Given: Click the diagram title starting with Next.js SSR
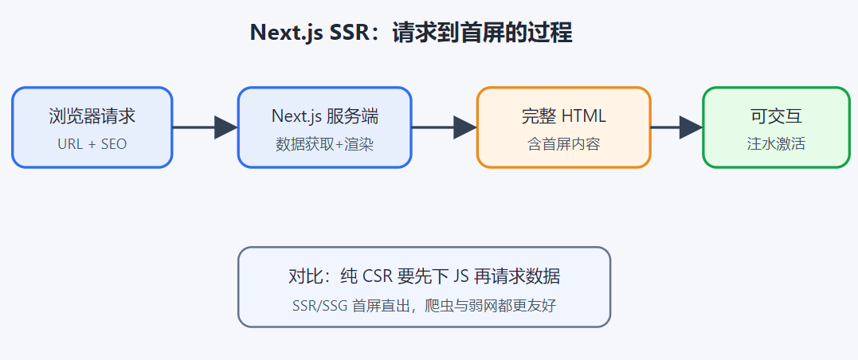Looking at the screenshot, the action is pyautogui.click(x=411, y=33).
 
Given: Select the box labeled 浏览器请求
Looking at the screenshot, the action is pyautogui.click(x=92, y=127).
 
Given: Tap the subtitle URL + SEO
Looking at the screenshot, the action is pyautogui.click(x=92, y=144).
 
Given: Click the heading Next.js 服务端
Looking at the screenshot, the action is pyautogui.click(x=324, y=116).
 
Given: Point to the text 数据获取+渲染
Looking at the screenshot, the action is pyautogui.click(x=324, y=144).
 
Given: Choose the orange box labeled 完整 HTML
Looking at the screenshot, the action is pyautogui.click(x=563, y=127).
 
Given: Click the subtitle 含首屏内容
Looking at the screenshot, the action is pyautogui.click(x=563, y=144).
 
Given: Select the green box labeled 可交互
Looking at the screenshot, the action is pyautogui.click(x=777, y=127).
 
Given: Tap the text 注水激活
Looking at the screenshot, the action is pyautogui.click(x=777, y=144).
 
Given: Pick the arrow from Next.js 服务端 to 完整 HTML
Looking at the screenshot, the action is pyautogui.click(x=444, y=127).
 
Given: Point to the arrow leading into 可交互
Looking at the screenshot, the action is pyautogui.click(x=677, y=127).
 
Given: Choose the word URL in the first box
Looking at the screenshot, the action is pyautogui.click(x=69, y=144).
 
